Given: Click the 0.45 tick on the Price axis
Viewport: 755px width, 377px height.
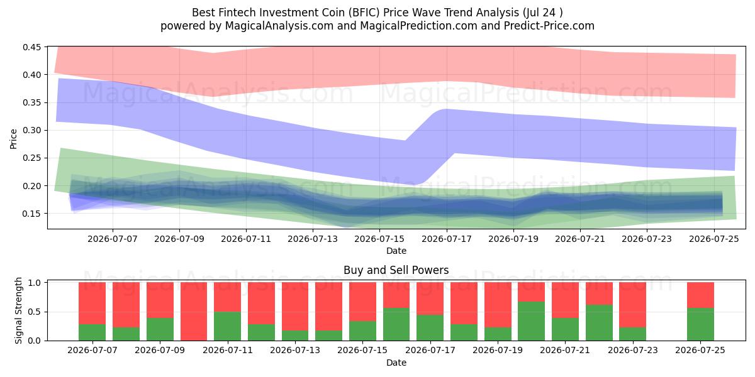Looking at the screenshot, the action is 31,47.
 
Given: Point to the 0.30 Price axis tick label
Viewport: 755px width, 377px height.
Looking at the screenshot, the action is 31,130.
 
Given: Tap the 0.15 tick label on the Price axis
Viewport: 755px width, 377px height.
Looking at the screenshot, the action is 31,214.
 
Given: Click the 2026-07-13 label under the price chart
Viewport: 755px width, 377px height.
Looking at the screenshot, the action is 313,239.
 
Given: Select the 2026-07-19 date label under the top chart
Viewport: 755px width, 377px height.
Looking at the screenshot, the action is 513,239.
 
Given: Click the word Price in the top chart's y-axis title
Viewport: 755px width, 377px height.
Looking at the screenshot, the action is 13,139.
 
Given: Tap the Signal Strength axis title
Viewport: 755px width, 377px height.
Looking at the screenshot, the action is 18,310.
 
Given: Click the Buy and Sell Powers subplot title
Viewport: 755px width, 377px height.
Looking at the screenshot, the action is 396,270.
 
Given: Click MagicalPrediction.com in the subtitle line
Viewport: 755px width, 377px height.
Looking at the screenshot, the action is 418,26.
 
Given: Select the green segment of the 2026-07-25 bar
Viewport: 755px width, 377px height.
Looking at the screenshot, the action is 700,324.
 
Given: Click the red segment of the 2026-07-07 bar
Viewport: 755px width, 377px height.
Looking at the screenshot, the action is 92,303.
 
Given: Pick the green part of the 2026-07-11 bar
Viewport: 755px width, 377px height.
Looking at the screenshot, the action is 228,326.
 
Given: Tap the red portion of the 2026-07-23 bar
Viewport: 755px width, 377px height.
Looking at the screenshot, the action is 633,305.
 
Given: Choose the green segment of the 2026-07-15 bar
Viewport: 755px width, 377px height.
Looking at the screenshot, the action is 362,331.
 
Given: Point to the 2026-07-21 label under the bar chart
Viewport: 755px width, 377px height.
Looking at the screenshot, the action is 565,351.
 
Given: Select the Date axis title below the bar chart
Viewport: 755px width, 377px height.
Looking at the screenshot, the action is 396,363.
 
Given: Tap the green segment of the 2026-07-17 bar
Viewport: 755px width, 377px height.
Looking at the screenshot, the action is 430,328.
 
